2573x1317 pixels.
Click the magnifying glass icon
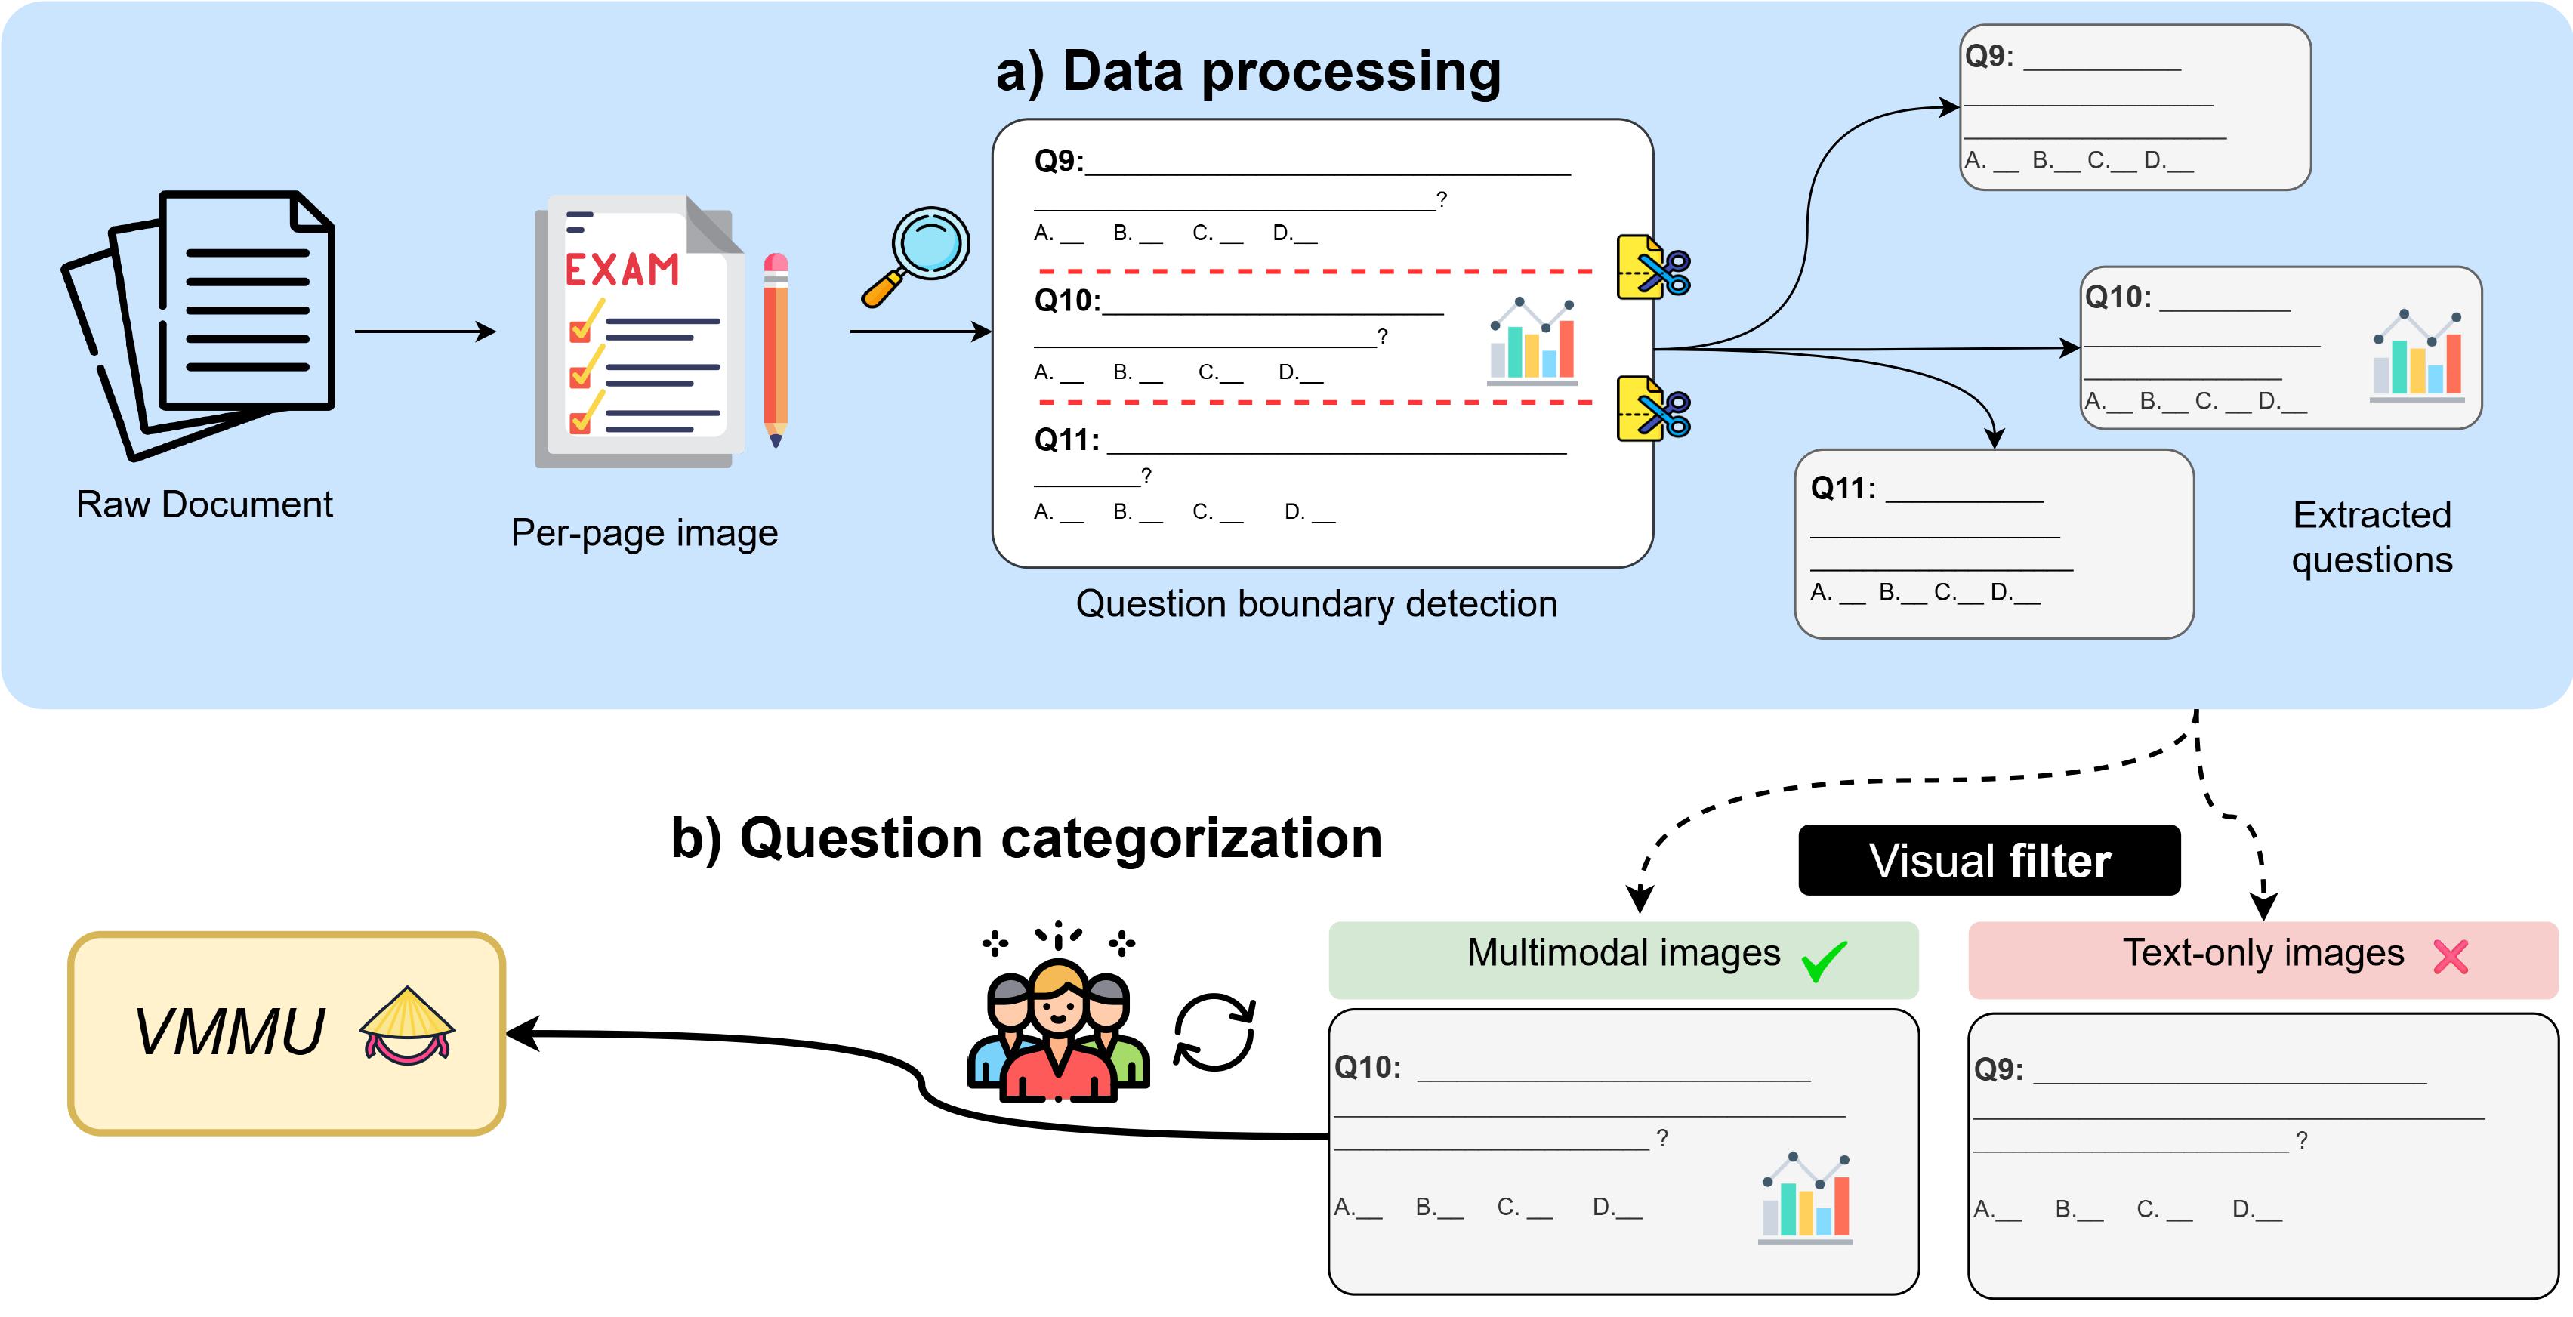[917, 254]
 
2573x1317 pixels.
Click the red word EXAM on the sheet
[622, 270]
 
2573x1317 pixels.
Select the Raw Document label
[204, 504]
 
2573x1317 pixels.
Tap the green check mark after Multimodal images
[1824, 961]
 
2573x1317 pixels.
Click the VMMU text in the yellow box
[230, 1032]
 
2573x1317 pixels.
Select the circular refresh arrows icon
[1214, 1032]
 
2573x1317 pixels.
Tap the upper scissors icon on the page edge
[1653, 267]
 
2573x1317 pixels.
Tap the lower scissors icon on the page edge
[1653, 409]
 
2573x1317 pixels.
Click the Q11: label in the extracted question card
[1843, 489]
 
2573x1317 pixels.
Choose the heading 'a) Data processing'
[1248, 72]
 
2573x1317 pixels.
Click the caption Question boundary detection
[1316, 604]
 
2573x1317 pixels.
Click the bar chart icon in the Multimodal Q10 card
[1806, 1198]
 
